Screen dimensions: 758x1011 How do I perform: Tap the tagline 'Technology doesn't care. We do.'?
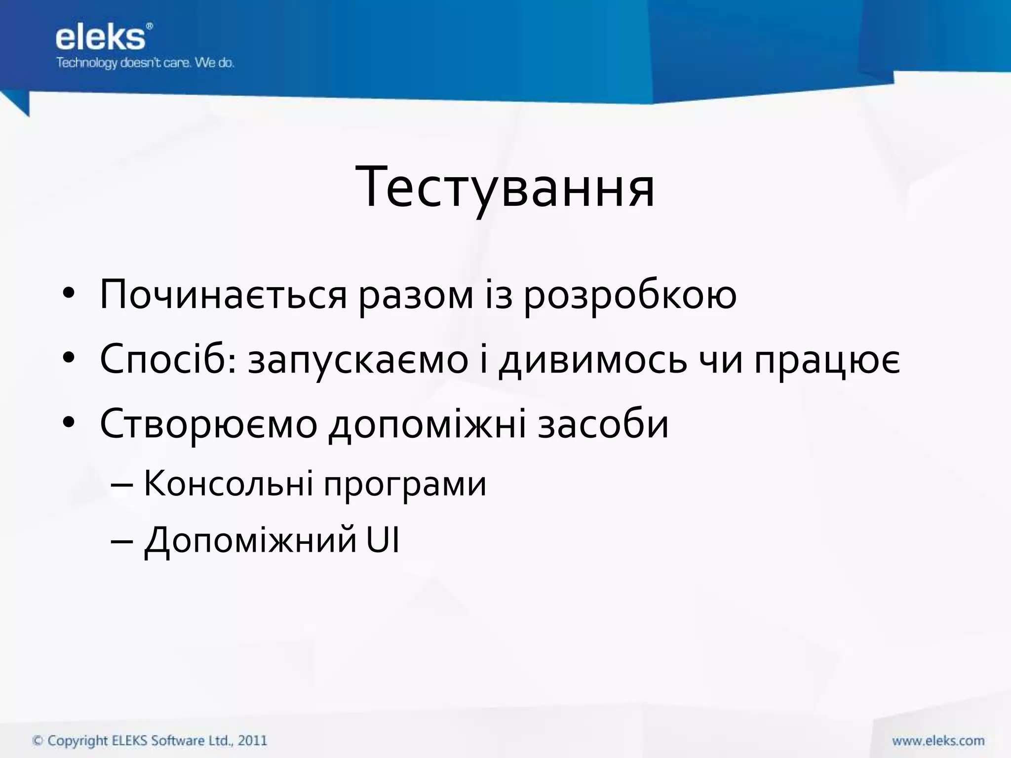[x=145, y=63]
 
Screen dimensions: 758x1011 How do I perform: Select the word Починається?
[x=223, y=295]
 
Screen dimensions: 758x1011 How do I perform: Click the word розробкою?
[x=630, y=295]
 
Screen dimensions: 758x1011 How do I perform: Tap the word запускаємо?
[x=358, y=360]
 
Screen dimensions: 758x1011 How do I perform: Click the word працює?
[x=827, y=360]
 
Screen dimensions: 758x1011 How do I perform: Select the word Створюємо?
[x=208, y=424]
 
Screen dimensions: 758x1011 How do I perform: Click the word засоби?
[x=603, y=424]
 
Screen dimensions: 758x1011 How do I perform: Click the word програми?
[x=405, y=484]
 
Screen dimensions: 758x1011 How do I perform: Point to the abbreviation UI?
[x=383, y=540]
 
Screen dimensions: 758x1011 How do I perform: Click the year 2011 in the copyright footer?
[x=252, y=741]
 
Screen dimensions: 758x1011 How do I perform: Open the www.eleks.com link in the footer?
[x=938, y=741]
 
